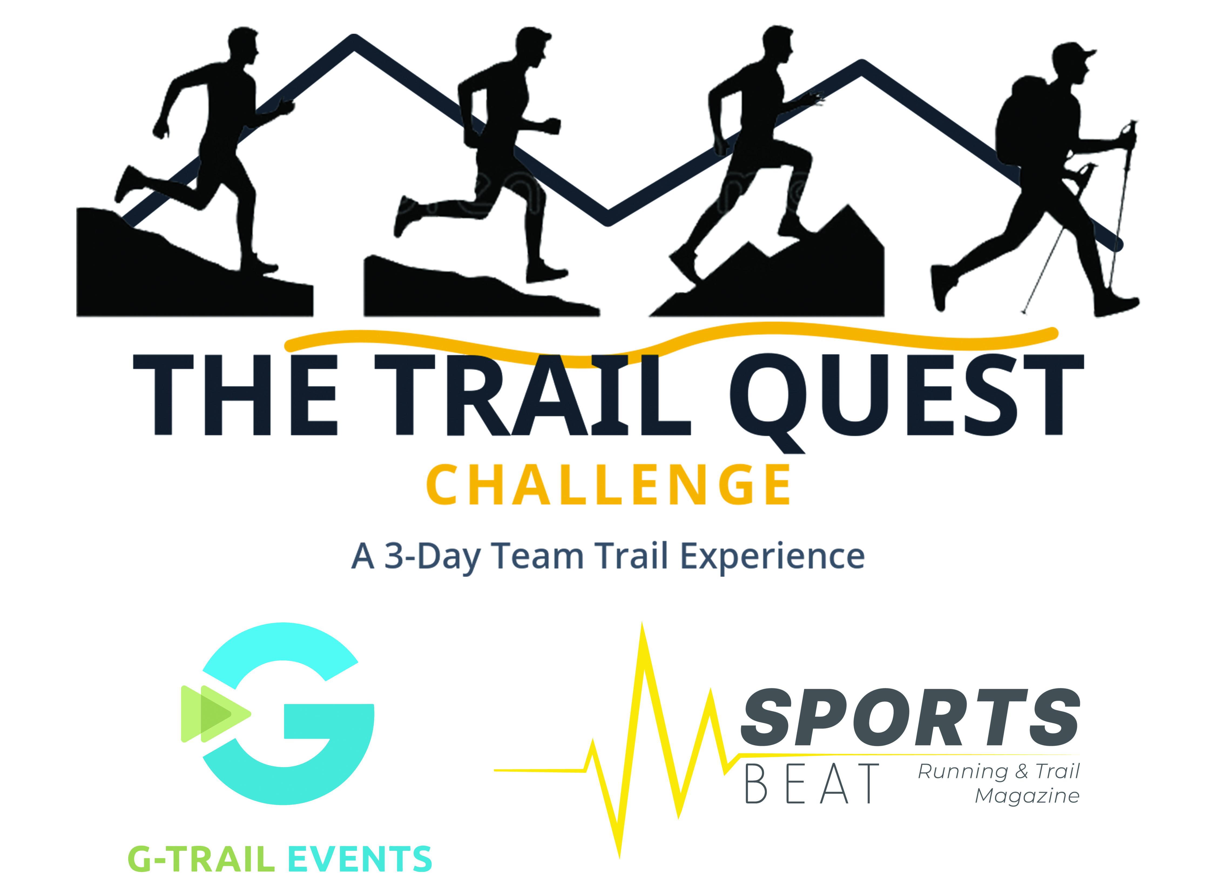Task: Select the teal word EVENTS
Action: [x=360, y=859]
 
